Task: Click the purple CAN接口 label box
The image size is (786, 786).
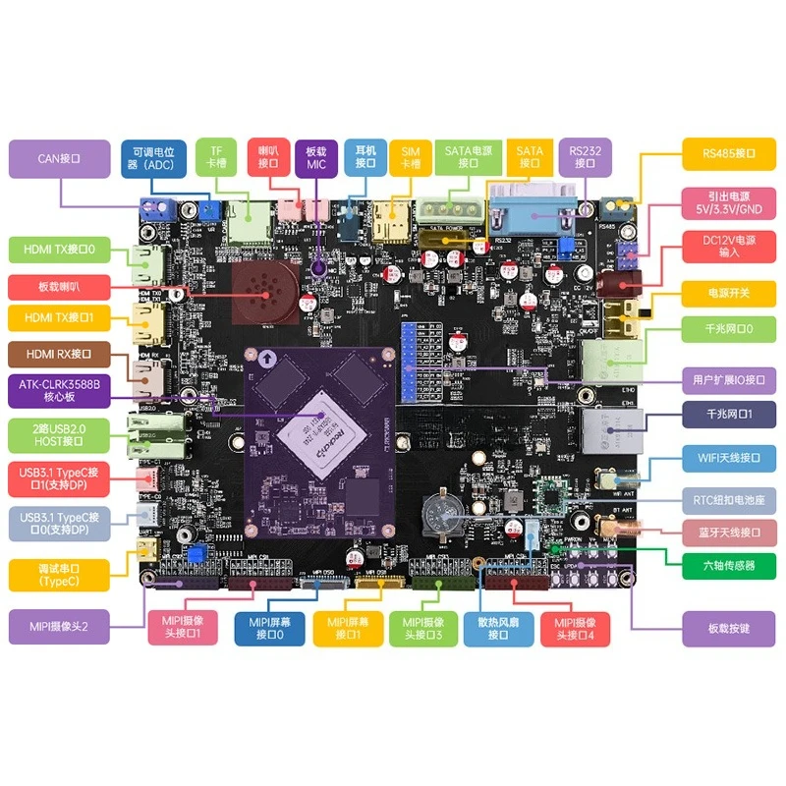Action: [58, 158]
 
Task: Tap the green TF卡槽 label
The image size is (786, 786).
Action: [216, 157]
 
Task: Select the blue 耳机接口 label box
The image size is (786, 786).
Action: [366, 157]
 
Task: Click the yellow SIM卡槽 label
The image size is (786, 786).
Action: [411, 157]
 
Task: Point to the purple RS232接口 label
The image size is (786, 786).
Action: [585, 157]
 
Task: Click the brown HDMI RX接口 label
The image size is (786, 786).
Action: [58, 355]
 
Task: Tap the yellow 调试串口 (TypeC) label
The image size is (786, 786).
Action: [58, 576]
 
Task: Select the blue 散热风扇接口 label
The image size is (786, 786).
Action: [507, 628]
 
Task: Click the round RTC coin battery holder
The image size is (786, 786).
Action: [439, 513]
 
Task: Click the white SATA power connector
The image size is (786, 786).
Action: [448, 212]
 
